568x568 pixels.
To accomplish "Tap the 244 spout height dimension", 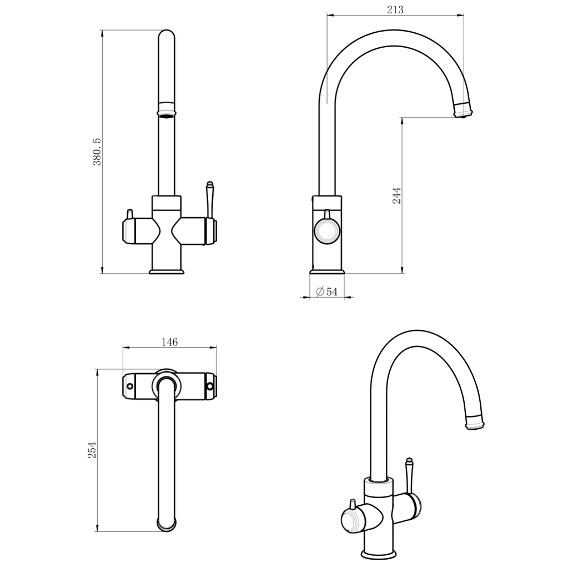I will (x=397, y=195).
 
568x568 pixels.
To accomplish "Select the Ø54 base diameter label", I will (x=327, y=292).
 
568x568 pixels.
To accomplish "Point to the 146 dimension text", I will (x=169, y=342).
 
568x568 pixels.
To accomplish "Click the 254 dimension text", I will (x=92, y=450).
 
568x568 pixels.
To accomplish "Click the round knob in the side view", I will (x=326, y=231).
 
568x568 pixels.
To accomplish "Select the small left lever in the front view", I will (x=130, y=214).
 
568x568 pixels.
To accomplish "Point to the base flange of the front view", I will (x=167, y=270).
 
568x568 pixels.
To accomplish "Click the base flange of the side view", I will (x=327, y=270).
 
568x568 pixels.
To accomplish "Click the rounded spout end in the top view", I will (x=167, y=524).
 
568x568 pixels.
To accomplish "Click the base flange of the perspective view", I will (x=379, y=554).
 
